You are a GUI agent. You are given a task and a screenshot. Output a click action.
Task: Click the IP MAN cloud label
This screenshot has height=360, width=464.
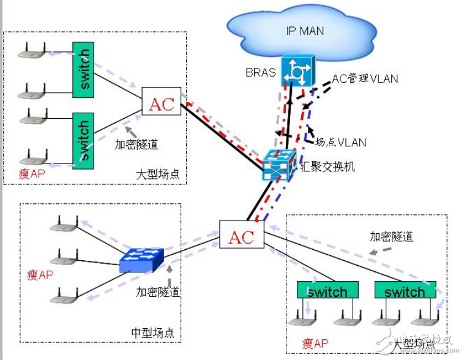tap(305, 31)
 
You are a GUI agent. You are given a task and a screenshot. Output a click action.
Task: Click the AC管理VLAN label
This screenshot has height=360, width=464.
tap(365, 78)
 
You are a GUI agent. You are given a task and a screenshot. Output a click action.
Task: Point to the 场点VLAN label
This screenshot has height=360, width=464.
tap(340, 142)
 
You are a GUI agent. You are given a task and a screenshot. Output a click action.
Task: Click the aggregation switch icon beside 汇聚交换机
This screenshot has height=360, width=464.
tap(279, 165)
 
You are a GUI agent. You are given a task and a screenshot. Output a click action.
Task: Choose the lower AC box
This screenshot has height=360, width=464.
tap(241, 236)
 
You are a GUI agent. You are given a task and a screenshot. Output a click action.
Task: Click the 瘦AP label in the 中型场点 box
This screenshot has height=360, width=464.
tap(40, 274)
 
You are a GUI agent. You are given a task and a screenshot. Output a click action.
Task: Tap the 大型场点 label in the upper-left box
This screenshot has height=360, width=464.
tap(157, 174)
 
